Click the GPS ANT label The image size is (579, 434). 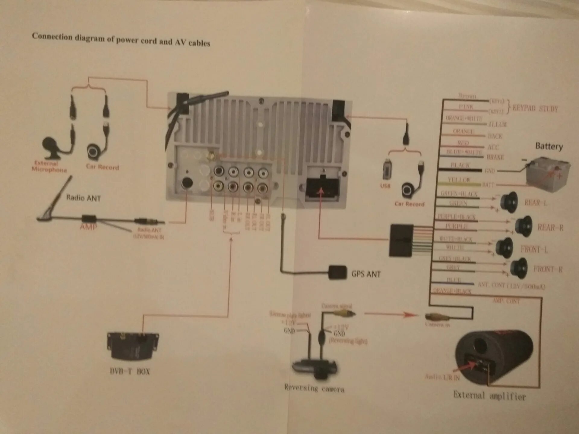tap(366, 274)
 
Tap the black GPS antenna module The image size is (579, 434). tap(337, 272)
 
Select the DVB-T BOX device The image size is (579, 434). tap(133, 346)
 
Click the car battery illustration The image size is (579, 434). tap(548, 174)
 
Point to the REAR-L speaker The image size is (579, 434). tap(509, 202)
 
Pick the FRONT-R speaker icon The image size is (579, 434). tap(519, 268)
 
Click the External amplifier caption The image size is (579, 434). tap(489, 395)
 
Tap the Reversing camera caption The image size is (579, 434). tap(314, 388)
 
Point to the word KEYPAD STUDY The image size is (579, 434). tap(535, 108)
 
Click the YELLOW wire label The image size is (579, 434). tap(459, 180)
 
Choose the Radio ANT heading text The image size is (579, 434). tap(83, 198)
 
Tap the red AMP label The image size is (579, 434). tap(88, 227)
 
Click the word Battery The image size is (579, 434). tap(549, 146)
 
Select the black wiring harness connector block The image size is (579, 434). tap(401, 240)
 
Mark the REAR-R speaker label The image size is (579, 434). tap(550, 228)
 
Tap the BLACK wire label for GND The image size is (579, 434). tap(460, 165)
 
